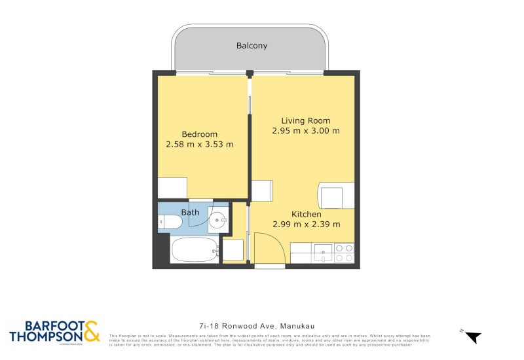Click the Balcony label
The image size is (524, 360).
252,46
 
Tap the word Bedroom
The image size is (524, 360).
200,134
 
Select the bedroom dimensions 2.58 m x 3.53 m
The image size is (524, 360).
200,145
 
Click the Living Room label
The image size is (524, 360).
305,120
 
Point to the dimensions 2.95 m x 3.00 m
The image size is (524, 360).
305,131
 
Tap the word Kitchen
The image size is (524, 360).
306,214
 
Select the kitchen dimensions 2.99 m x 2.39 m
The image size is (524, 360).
306,225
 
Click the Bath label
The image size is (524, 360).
190,213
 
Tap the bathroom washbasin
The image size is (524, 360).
217,221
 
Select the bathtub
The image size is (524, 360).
195,249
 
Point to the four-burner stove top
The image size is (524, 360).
345,253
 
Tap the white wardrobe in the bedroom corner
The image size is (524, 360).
172,188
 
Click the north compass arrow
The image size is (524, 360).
472,337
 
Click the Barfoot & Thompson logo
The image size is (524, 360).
54,332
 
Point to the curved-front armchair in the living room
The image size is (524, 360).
335,196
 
